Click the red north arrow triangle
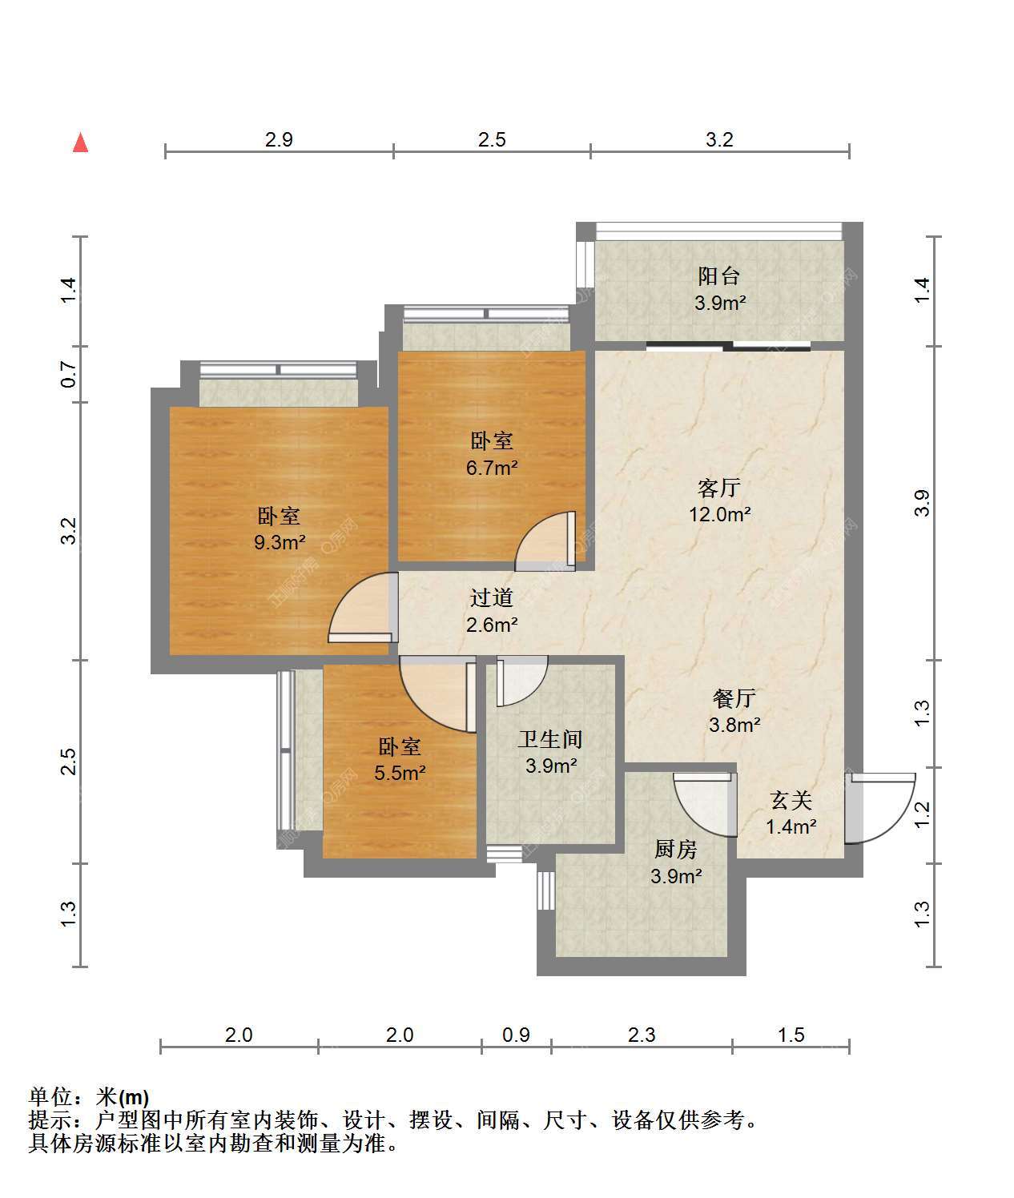click(x=81, y=143)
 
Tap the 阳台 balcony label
click(x=719, y=276)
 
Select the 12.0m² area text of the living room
click(x=720, y=514)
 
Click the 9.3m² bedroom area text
click(x=280, y=542)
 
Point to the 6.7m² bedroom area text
click(x=492, y=467)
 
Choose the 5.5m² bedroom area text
click(x=400, y=773)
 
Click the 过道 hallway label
click(x=492, y=597)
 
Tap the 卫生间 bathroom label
click(x=550, y=739)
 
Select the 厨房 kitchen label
click(x=675, y=849)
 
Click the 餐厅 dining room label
click(x=734, y=698)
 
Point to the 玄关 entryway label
click(x=791, y=801)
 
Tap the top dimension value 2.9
click(x=279, y=139)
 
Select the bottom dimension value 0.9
click(x=516, y=1035)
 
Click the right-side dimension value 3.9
click(x=922, y=503)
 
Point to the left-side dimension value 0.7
click(x=68, y=375)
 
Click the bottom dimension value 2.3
click(x=642, y=1035)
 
